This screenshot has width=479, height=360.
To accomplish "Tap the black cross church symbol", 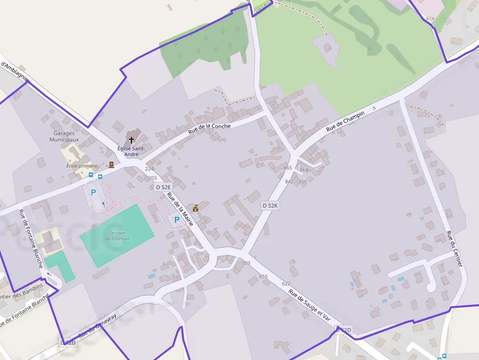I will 131,140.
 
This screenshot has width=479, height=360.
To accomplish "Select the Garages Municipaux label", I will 64,136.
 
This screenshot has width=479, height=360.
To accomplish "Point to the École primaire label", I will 82,166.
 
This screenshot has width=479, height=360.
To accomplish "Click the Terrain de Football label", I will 117,235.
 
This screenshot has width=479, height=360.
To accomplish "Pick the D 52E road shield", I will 163,187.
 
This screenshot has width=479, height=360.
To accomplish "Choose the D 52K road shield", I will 270,206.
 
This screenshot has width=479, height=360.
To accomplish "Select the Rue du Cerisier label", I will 455,250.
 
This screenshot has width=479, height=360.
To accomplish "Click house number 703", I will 246,263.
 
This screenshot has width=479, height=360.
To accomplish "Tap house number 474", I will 430,19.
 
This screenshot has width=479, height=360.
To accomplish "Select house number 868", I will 304,170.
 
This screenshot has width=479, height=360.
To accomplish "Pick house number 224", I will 149,169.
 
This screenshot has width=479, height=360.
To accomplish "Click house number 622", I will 286,284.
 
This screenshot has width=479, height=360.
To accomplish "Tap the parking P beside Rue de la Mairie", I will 176,220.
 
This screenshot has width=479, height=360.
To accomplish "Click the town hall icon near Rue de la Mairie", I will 196,208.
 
